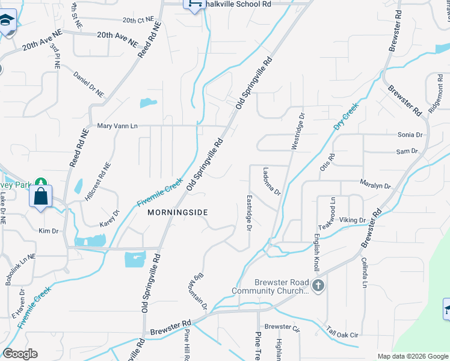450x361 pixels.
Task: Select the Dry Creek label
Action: [346, 118]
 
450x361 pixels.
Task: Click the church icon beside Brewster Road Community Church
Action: [318, 285]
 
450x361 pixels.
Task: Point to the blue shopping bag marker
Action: [40, 196]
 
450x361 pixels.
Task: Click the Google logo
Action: [20, 353]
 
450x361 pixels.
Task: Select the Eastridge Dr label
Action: [248, 212]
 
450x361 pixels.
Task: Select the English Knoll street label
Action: [315, 251]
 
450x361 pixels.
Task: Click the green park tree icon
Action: [40, 182]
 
